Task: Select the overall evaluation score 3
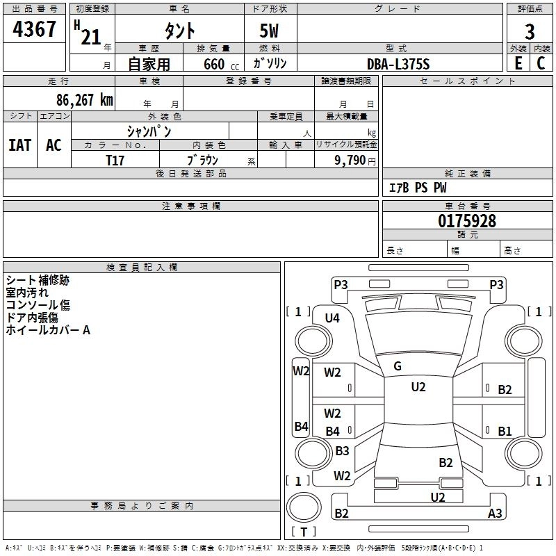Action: (x=530, y=31)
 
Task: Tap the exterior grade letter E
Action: (x=518, y=63)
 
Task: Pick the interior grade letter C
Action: (x=541, y=63)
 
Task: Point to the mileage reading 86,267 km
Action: (x=81, y=100)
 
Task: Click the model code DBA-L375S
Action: (x=398, y=64)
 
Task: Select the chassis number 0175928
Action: (x=467, y=222)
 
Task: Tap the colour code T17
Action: (x=115, y=160)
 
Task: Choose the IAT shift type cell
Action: (x=20, y=145)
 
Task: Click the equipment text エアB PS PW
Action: (x=417, y=188)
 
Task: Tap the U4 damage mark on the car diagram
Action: (x=332, y=318)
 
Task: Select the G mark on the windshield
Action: (x=398, y=366)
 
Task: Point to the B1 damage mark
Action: (x=505, y=432)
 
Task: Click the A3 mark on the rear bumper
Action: (x=495, y=514)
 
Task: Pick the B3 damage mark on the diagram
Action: (x=342, y=451)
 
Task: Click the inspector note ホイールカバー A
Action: (x=48, y=331)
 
